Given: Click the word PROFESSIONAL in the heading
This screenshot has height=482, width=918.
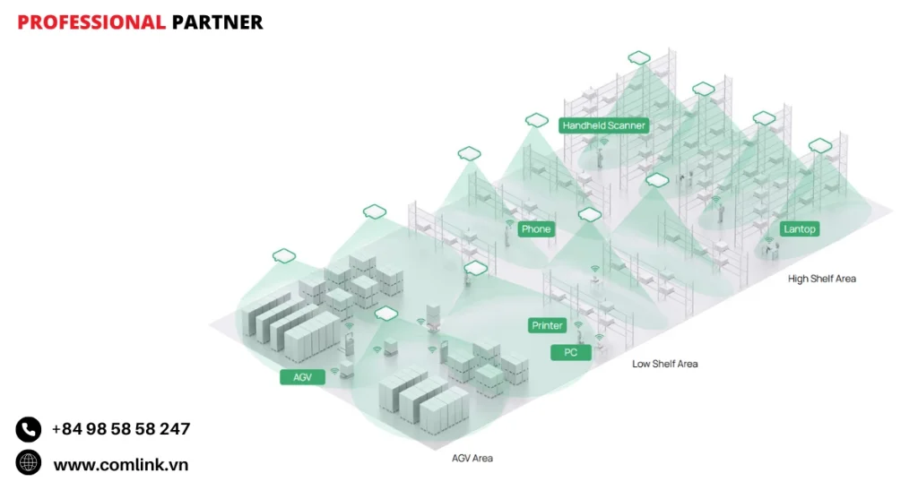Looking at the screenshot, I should (91, 22).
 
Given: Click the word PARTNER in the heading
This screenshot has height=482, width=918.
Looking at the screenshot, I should (217, 22).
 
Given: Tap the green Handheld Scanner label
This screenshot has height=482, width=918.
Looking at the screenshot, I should (604, 125).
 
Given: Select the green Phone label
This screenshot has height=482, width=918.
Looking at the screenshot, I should (536, 229).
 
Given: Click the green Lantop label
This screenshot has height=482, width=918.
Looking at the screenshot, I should (800, 229).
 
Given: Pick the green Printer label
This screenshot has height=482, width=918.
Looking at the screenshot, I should (547, 325).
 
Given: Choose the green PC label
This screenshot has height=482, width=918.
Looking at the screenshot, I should (571, 353).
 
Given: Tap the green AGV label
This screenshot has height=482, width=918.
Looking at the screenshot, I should (303, 377).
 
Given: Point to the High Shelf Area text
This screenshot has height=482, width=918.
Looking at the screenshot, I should (822, 279).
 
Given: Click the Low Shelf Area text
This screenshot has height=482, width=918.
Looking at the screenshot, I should (664, 364).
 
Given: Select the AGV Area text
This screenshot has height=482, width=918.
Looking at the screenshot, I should (472, 458).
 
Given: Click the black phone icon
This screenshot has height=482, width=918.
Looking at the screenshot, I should (29, 429).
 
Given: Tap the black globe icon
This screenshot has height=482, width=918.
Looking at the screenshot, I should (29, 462).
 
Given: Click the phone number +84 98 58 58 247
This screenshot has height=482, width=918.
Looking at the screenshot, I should (121, 429).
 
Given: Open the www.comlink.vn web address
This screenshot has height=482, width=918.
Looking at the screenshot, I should (121, 465).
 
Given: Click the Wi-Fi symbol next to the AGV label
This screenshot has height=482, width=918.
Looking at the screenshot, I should (334, 370).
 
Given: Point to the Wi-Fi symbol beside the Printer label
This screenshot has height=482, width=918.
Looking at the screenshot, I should (578, 324).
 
